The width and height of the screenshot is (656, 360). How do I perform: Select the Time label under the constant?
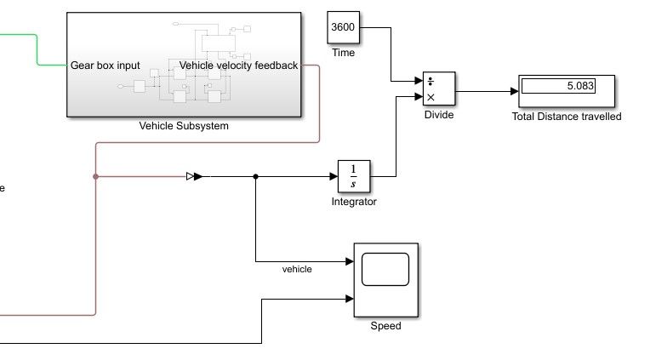click(x=343, y=53)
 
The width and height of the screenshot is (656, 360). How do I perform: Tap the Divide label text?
click(x=439, y=116)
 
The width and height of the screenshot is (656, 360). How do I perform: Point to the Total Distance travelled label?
click(x=567, y=117)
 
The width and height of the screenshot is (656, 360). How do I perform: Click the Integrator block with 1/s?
click(x=355, y=176)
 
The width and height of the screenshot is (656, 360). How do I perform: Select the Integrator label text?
click(x=354, y=202)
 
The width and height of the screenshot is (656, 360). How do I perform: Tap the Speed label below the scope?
click(x=385, y=326)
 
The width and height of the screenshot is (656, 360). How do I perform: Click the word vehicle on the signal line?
click(x=297, y=269)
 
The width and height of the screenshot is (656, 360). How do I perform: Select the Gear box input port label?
click(x=106, y=66)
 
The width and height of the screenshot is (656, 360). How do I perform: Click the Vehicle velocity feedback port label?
click(x=239, y=66)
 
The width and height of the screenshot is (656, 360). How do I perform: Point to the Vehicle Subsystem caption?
click(x=184, y=126)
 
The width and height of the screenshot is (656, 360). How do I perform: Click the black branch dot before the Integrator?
click(x=256, y=177)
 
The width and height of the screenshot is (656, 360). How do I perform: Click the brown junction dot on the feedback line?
click(x=95, y=177)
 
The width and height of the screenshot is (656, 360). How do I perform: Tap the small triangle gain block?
click(x=191, y=177)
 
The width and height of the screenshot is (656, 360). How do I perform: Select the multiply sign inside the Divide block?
click(x=431, y=97)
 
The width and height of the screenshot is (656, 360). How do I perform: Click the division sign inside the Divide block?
click(x=431, y=82)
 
